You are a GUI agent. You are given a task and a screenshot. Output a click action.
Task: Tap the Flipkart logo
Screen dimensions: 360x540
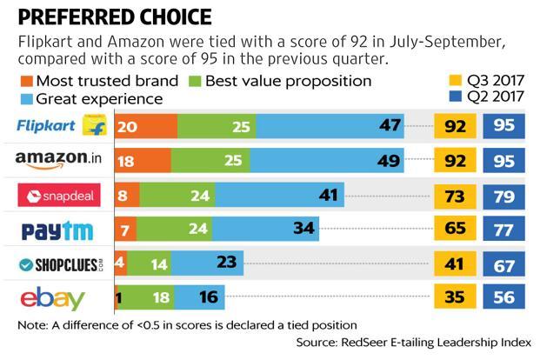pyautogui.click(x=62, y=126)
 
